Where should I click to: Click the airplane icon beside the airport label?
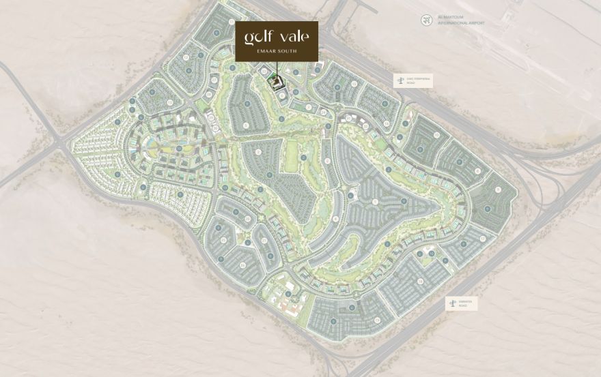[428, 20]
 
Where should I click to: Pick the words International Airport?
[462, 22]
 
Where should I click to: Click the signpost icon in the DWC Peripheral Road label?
[400, 80]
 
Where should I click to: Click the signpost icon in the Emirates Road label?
[451, 303]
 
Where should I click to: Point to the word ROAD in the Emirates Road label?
[463, 307]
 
